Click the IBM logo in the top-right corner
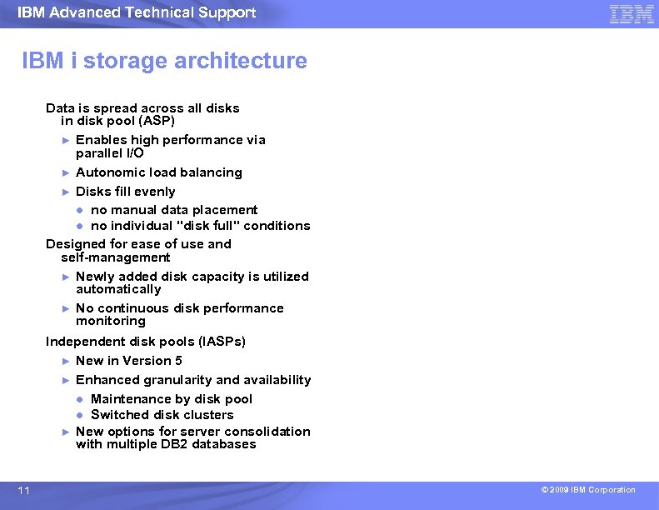(632, 14)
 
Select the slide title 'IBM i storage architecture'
(164, 61)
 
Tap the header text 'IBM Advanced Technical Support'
(137, 12)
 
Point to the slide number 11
(23, 491)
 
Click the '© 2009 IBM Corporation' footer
(587, 490)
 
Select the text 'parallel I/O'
(110, 153)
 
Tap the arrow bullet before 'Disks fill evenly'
(66, 192)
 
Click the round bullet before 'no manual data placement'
(81, 210)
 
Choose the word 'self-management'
(115, 257)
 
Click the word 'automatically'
(118, 289)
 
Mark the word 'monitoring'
(111, 321)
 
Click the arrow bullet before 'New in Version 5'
(66, 361)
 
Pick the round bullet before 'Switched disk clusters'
(81, 415)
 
